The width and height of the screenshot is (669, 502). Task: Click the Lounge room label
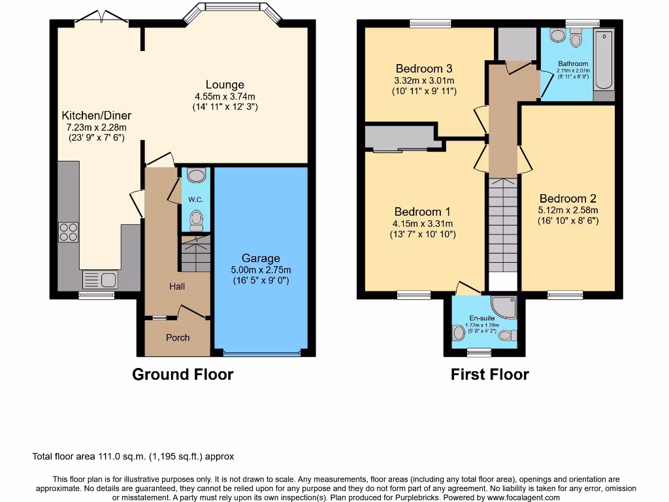225,84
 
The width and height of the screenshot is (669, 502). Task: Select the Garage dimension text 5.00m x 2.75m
261,269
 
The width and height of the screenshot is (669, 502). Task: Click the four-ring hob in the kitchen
69,232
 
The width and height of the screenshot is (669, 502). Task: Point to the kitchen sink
100,280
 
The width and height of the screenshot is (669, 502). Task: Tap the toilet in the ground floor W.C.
195,220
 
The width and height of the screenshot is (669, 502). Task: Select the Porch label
178,337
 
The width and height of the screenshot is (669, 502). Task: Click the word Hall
177,286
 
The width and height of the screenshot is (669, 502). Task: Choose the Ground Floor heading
182,375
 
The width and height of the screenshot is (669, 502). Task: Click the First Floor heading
489,375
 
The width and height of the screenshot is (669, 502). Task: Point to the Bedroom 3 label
424,69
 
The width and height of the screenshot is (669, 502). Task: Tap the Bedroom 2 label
568,199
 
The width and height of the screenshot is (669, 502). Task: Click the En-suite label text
482,318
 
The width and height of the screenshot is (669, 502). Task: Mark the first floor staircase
502,226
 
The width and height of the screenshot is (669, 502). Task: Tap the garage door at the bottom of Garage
262,354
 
